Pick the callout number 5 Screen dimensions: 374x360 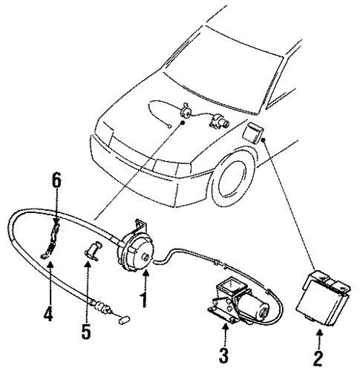pyautogui.click(x=86, y=327)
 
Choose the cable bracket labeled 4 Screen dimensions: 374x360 pyautogui.click(x=49, y=246)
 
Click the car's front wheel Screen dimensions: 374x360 pyautogui.click(x=229, y=182)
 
